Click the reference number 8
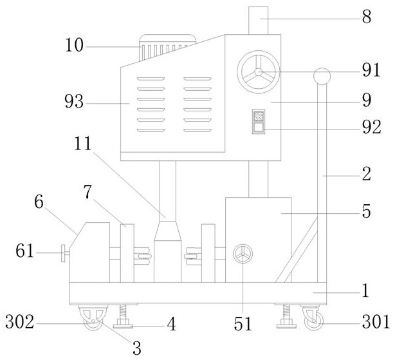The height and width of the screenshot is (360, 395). click(x=366, y=18)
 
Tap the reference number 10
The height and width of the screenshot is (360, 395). click(x=75, y=46)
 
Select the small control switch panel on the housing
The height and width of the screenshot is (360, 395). click(x=258, y=122)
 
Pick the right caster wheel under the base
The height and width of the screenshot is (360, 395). click(x=313, y=320)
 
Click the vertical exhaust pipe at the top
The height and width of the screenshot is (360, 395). click(x=260, y=19)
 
